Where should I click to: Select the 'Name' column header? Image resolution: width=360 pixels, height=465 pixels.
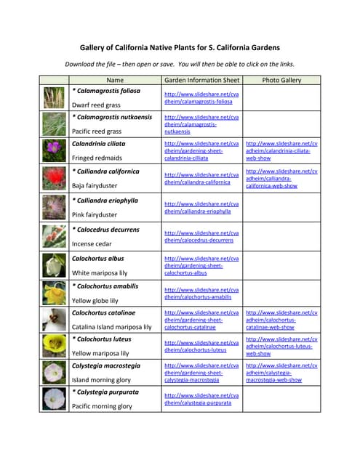tap(115, 80)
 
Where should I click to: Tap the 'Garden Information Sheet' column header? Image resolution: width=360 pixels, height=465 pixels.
tap(201, 80)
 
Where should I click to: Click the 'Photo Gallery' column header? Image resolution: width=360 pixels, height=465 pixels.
tap(281, 80)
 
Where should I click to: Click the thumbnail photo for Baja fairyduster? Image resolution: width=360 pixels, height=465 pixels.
tap(55, 179)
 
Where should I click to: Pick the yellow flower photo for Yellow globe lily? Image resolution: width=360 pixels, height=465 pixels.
tap(55, 293)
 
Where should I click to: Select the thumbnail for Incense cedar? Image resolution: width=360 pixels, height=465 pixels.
tap(55, 236)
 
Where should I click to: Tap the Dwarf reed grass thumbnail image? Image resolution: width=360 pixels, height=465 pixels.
tap(55, 97)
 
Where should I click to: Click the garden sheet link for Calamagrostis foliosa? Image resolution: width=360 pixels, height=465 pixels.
tap(201, 98)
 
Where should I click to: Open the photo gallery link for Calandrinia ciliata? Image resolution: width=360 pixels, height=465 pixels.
tap(281, 150)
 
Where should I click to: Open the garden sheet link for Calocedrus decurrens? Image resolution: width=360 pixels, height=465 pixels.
tap(201, 236)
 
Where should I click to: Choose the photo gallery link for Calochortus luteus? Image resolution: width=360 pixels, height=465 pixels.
tap(281, 346)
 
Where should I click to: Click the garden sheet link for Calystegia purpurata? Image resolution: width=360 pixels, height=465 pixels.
tap(201, 399)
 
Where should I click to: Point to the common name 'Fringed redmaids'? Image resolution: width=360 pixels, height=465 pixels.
tap(97, 158)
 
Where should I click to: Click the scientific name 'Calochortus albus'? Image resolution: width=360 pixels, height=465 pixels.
tap(97, 258)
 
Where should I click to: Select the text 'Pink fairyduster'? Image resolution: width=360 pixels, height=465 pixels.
tap(95, 215)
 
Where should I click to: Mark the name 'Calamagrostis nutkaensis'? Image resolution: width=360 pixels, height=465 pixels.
tap(112, 117)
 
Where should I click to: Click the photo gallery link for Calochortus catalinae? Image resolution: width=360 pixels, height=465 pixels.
tap(281, 320)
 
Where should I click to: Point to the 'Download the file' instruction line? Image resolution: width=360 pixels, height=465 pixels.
tap(180, 63)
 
